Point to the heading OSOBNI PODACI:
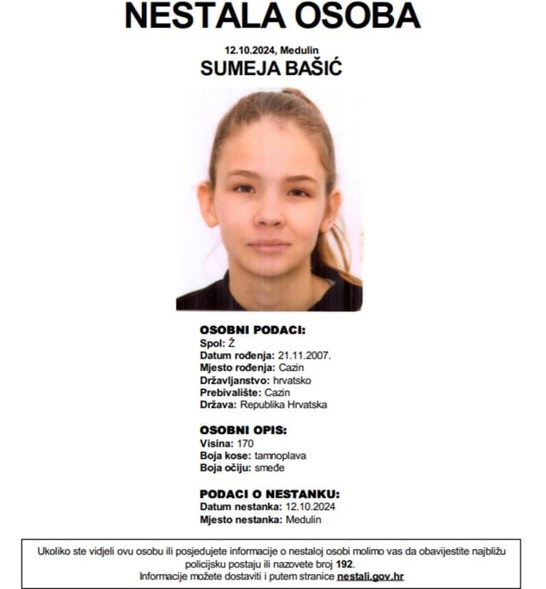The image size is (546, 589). click(x=253, y=330)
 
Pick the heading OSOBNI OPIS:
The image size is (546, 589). click(x=243, y=431)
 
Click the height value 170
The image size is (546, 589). click(x=245, y=443)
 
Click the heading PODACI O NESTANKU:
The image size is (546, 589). click(x=270, y=494)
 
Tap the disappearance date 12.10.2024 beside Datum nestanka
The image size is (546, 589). click(x=310, y=507)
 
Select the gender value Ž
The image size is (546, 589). click(x=231, y=343)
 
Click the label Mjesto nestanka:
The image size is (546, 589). click(x=241, y=519)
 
